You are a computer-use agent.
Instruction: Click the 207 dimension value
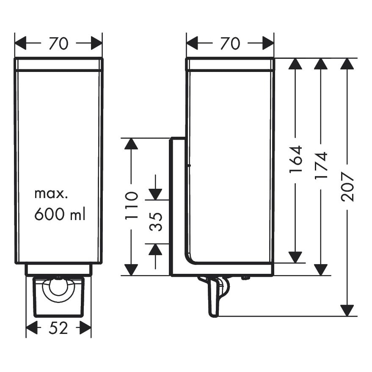[x=347, y=186]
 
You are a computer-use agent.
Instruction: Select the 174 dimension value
[x=321, y=165]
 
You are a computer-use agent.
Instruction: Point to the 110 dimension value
[x=132, y=205]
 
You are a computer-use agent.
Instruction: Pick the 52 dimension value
[x=58, y=328]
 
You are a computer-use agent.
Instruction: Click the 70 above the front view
[x=58, y=43]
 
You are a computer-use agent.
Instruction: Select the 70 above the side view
[x=230, y=43]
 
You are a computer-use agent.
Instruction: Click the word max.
[x=51, y=194]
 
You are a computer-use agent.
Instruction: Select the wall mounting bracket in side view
[x=176, y=207]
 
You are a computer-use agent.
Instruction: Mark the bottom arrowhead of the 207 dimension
[x=347, y=310]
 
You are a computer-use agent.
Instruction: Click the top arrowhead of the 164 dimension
[x=295, y=63]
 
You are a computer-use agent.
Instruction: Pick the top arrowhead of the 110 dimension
[x=132, y=143]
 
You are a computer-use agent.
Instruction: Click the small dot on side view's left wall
[x=189, y=165]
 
